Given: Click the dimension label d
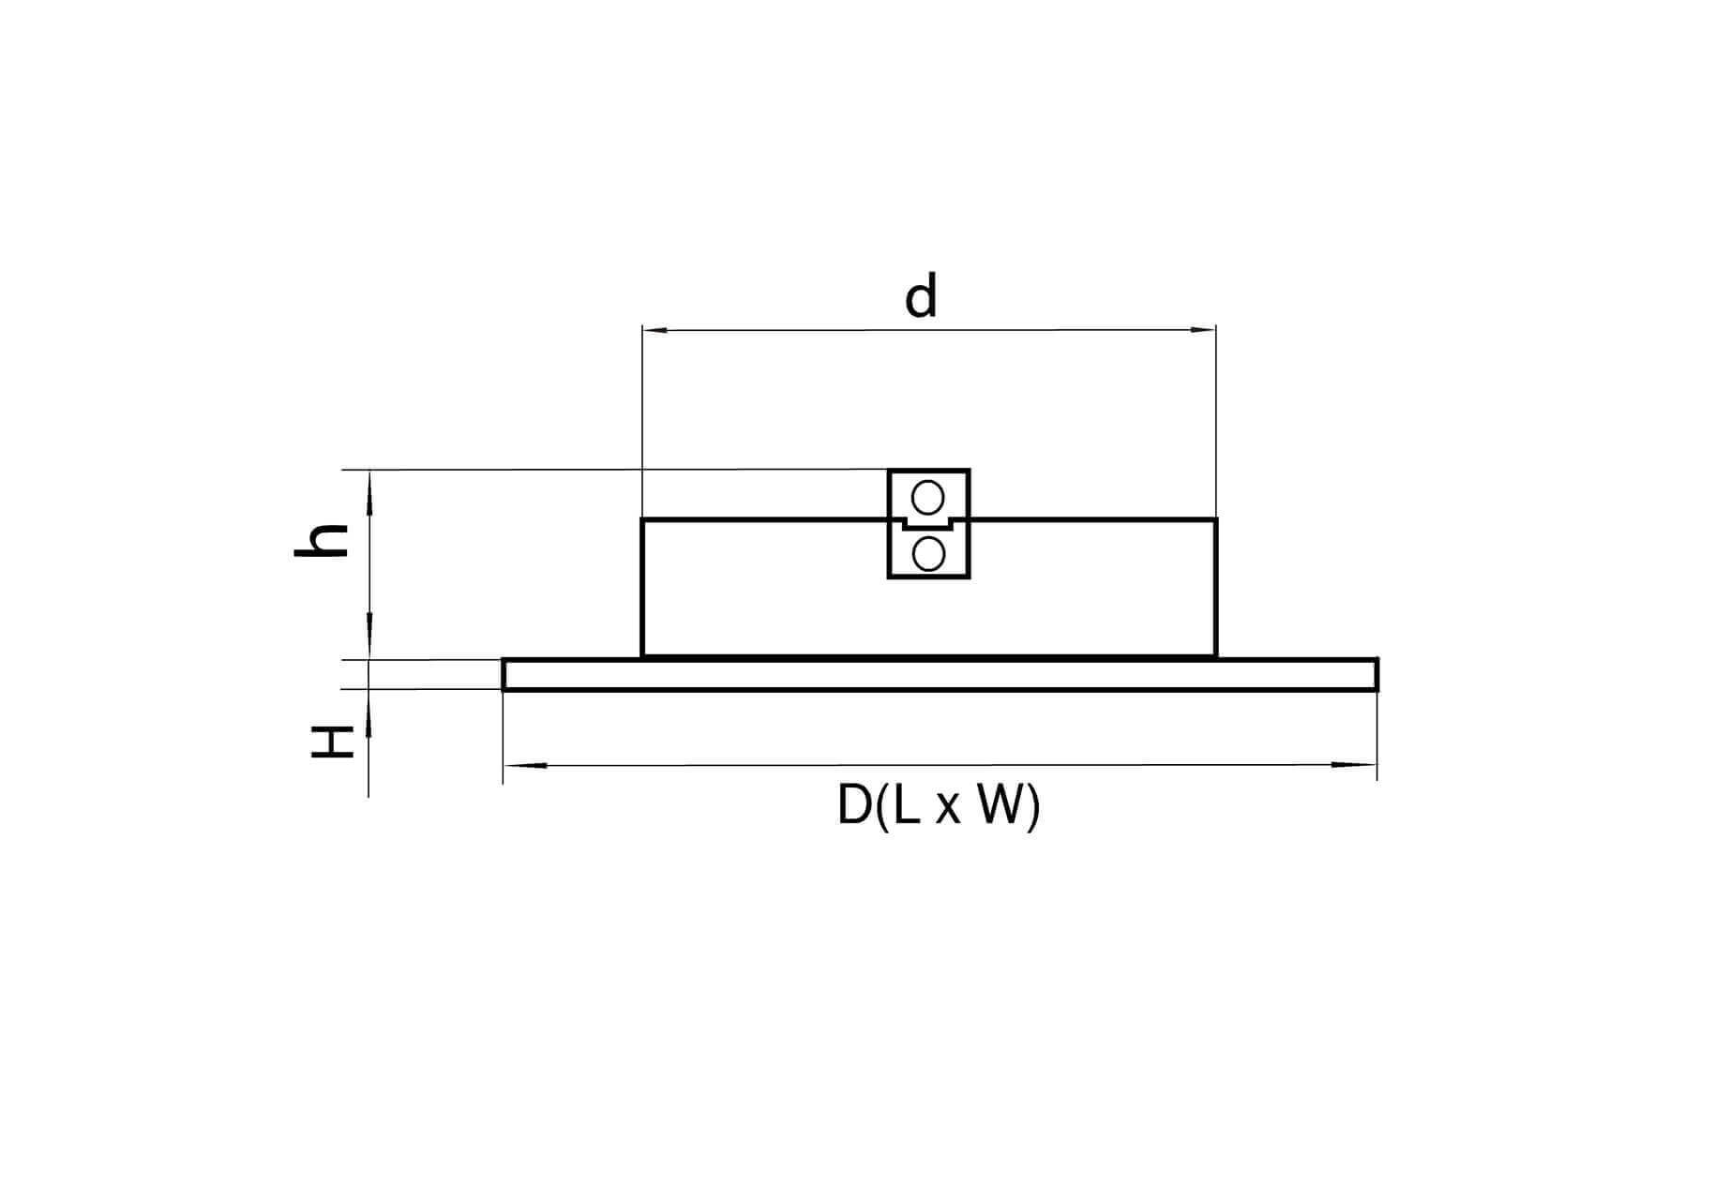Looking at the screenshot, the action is tap(921, 296).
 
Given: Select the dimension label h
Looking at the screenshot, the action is tap(322, 541).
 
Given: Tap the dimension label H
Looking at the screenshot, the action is tap(333, 742).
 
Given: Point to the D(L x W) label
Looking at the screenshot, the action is tap(939, 805).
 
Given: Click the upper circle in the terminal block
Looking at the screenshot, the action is tap(928, 498).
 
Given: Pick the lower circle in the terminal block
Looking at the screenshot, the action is tap(928, 555).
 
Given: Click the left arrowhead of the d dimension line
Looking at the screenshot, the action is tap(654, 330).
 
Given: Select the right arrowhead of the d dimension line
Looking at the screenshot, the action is tap(1203, 330).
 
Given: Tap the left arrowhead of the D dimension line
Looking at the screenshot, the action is tap(525, 766).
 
